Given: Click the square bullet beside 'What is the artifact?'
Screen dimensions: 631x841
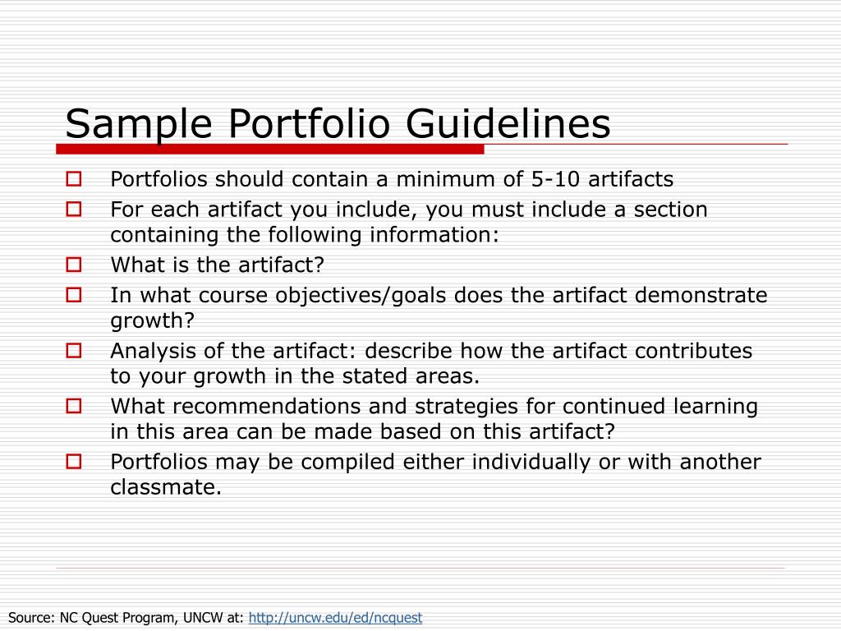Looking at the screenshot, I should pyautogui.click(x=73, y=265).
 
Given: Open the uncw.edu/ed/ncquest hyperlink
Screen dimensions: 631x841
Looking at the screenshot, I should pyautogui.click(x=335, y=617).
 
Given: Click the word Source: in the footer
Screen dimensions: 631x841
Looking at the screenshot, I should pyautogui.click(x=32, y=617).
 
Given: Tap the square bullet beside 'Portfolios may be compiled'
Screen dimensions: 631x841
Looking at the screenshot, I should pyautogui.click(x=73, y=462).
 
